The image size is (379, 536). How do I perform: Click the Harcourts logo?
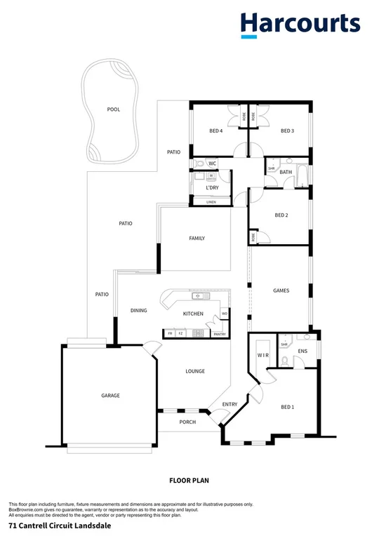[x=300, y=25]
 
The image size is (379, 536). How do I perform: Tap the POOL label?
[x=113, y=109]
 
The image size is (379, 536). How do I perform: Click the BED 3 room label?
[x=286, y=130]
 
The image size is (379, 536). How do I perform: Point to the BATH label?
[x=286, y=172]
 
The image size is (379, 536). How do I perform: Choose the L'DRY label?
[x=212, y=188]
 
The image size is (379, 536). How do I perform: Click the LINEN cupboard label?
[x=211, y=202]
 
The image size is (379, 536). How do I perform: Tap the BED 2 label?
[x=281, y=215]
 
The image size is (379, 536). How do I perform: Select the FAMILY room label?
[x=197, y=239]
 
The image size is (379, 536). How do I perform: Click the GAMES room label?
[x=281, y=290]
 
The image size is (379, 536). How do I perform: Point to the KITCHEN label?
[x=193, y=314]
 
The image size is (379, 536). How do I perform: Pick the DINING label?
[x=138, y=310]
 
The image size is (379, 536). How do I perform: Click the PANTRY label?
[x=219, y=335]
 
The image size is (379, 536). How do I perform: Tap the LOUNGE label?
[x=194, y=371]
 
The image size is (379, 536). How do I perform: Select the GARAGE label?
[x=110, y=396]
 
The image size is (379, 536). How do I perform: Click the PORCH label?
[x=187, y=422]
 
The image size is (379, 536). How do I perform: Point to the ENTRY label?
[x=230, y=404]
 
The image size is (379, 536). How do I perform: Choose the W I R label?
[x=263, y=356]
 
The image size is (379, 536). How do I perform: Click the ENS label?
[x=303, y=350]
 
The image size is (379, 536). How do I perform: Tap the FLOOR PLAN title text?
[x=189, y=481]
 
